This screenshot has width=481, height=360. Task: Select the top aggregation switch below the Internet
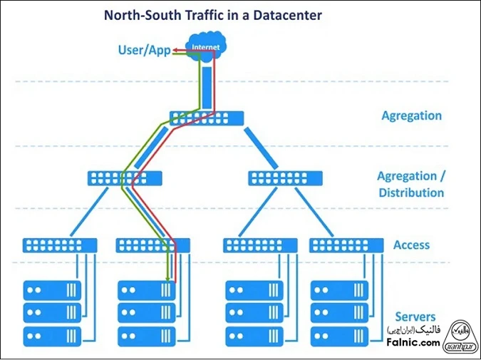[x=207, y=118]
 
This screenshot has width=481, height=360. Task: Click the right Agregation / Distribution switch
[x=285, y=178]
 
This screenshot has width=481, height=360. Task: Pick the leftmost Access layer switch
[x=59, y=245]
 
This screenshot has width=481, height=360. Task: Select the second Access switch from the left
[x=152, y=245]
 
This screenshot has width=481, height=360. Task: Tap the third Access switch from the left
[x=260, y=245]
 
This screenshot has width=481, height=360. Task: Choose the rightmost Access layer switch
[x=346, y=245]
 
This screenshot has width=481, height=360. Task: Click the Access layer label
[x=411, y=245]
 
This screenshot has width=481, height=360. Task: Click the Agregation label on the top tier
[x=411, y=115]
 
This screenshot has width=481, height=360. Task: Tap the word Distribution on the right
[x=411, y=192]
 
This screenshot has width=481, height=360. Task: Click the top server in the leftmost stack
[x=52, y=290]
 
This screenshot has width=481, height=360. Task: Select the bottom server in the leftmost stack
[x=52, y=336]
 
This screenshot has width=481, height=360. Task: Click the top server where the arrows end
[x=146, y=290]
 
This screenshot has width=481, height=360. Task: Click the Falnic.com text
[x=414, y=343]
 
